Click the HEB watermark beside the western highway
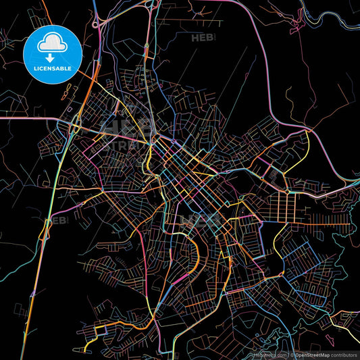pos(57,221)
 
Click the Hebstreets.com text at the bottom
pos(270,353)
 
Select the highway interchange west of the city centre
pos(74,122)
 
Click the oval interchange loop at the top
pos(146,6)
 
